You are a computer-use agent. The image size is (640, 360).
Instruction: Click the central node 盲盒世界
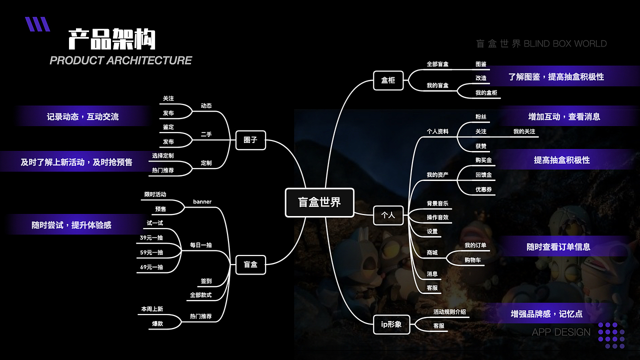[x=319, y=202]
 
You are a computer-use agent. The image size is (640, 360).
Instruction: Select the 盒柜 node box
[x=388, y=80]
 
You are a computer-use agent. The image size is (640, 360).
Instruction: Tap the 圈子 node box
[x=250, y=140]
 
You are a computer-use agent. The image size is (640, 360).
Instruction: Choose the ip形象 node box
[x=391, y=324]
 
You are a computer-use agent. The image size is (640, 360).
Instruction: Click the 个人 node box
[x=388, y=215]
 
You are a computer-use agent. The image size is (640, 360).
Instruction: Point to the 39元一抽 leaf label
[x=151, y=237]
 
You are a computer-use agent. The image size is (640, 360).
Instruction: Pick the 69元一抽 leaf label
[x=151, y=267]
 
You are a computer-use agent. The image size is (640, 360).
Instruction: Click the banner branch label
[x=202, y=201]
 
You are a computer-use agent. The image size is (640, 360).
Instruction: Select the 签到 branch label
[x=206, y=281]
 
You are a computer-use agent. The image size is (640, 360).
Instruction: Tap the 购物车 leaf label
[x=472, y=260]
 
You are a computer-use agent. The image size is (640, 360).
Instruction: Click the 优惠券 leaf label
[x=483, y=189]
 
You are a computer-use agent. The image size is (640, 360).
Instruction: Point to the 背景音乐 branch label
[x=437, y=203]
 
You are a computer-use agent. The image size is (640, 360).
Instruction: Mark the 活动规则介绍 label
[x=449, y=312]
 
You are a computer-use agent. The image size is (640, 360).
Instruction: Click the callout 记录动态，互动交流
[x=82, y=116]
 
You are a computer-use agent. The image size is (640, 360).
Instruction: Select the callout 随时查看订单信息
[x=558, y=247]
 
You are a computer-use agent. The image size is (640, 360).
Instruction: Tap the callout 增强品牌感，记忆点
[x=546, y=314]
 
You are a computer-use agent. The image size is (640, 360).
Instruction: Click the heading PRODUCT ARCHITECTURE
[x=121, y=60]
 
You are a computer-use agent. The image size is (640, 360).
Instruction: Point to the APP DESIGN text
[x=561, y=332]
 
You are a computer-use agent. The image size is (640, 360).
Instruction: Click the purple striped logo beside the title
[x=37, y=24]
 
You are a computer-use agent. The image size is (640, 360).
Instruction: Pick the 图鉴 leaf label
[x=481, y=64]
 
